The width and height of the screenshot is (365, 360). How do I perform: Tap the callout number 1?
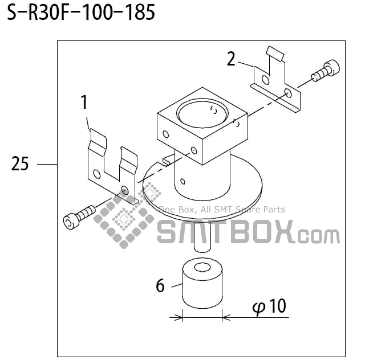[x=84, y=103]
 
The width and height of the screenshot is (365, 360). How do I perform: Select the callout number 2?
[x=231, y=59]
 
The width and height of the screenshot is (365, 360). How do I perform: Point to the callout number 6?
[x=160, y=285]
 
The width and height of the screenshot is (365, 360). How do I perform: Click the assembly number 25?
[x=20, y=165]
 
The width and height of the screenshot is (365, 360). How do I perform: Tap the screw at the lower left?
[x=79, y=216]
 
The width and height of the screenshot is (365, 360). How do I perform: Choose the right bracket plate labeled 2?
[x=277, y=83]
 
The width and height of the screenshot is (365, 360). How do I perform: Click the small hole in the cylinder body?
[x=182, y=182]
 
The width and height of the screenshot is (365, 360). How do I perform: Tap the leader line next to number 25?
[x=47, y=165]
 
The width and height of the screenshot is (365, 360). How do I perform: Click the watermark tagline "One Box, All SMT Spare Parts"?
[x=221, y=210]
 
